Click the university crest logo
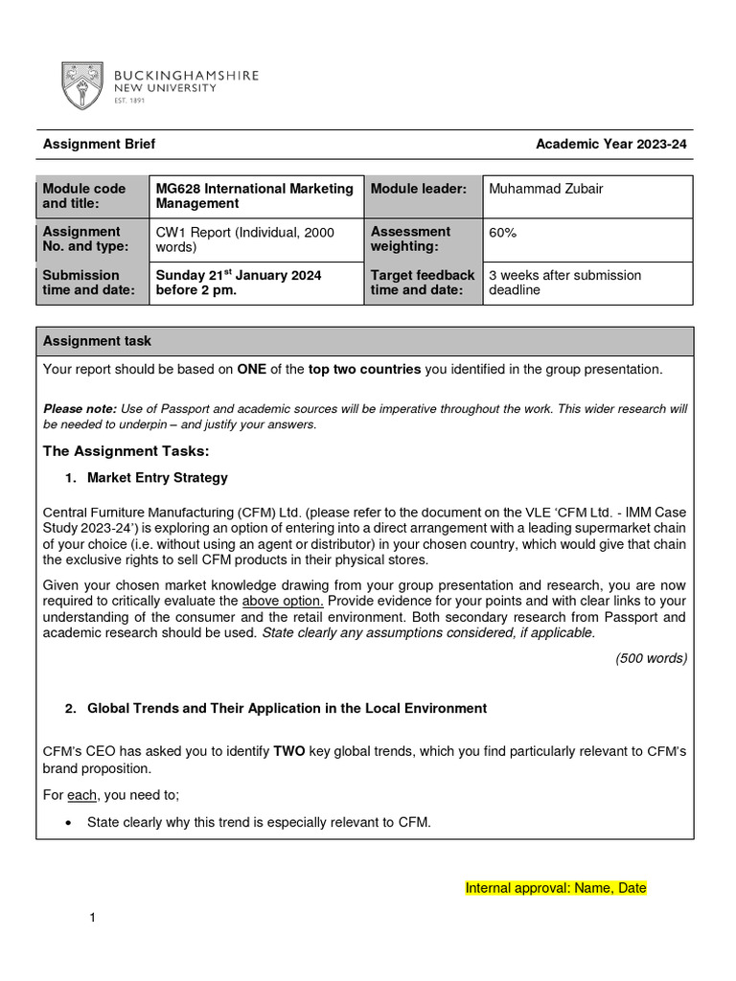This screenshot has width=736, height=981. click(x=82, y=85)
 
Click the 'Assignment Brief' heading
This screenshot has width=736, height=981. click(x=99, y=145)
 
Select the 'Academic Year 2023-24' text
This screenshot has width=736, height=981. click(x=610, y=145)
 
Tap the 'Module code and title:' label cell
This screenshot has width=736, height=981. click(x=93, y=196)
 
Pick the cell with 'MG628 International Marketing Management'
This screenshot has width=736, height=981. click(x=255, y=196)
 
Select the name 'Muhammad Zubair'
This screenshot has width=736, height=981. click(x=546, y=190)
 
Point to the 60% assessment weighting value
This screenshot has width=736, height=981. click(x=503, y=232)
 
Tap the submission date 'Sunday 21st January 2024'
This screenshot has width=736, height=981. click(x=239, y=275)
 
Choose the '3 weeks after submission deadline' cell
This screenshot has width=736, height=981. click(x=564, y=283)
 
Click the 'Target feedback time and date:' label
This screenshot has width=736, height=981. click(x=423, y=283)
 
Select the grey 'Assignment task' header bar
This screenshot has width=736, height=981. click(x=364, y=341)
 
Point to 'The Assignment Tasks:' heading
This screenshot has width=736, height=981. click(x=126, y=451)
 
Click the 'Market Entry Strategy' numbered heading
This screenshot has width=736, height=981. click(x=157, y=478)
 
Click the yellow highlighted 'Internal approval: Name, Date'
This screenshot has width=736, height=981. click(x=556, y=888)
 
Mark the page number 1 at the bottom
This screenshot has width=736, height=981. click(x=93, y=919)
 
